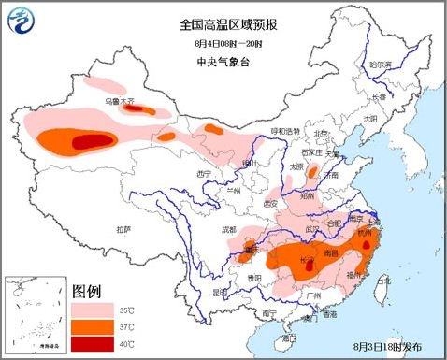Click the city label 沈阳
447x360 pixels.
coord(371,119)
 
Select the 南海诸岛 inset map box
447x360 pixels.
coord(35,317)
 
